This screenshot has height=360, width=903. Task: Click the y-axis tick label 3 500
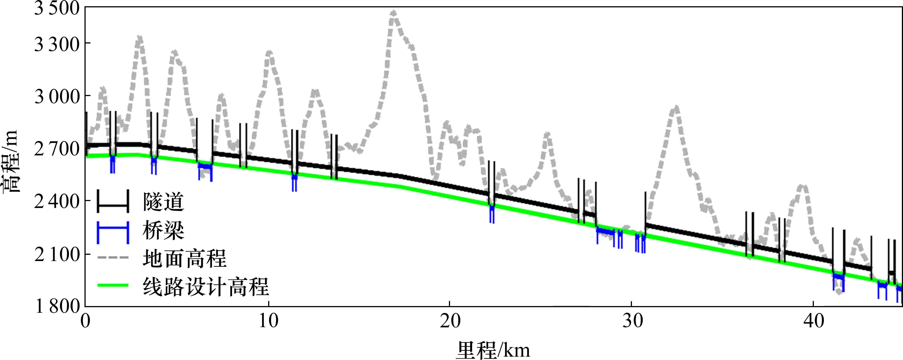click(x=57, y=8)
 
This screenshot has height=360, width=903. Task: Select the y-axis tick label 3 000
click(x=57, y=96)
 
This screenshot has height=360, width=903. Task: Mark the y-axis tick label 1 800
click(x=57, y=306)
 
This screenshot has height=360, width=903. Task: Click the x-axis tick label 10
click(x=269, y=321)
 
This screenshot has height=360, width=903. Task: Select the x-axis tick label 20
click(x=450, y=321)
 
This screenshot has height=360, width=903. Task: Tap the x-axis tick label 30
click(x=632, y=321)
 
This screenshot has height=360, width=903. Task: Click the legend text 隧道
click(x=163, y=202)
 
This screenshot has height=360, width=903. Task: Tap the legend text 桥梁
click(x=163, y=231)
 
